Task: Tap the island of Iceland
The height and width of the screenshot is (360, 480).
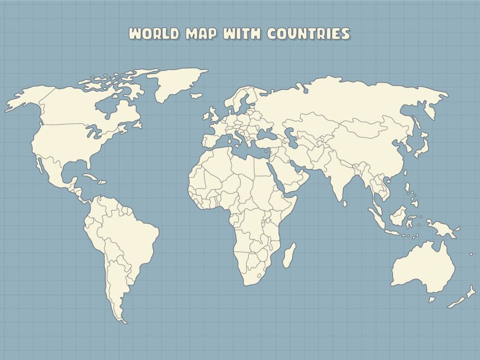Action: pyautogui.click(x=196, y=96)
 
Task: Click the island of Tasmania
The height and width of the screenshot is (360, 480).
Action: pyautogui.click(x=432, y=299)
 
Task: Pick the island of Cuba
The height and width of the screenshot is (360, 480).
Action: pyautogui.click(x=93, y=177)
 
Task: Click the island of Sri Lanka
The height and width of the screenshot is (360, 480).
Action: pyautogui.click(x=345, y=204)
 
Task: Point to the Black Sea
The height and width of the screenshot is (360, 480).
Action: pyautogui.click(x=264, y=133)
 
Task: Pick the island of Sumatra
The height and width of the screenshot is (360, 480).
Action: pyautogui.click(x=376, y=213)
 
